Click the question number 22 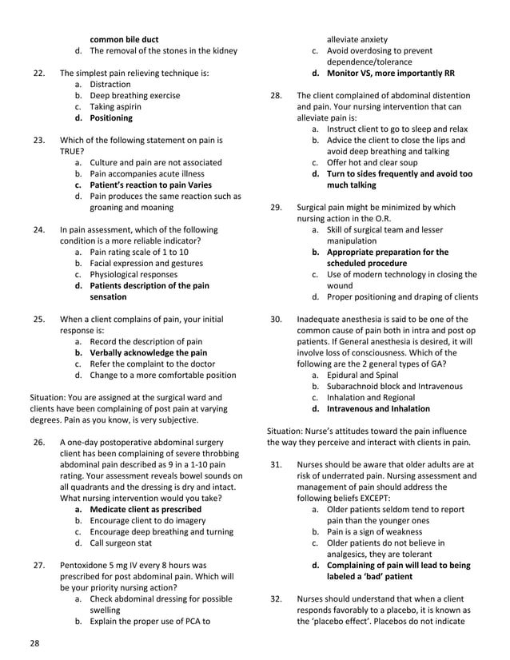pos(38,73)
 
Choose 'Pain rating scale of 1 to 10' pos(139,252)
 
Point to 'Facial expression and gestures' pos(146,263)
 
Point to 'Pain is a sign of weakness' pos(380,531)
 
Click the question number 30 pos(276,319)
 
